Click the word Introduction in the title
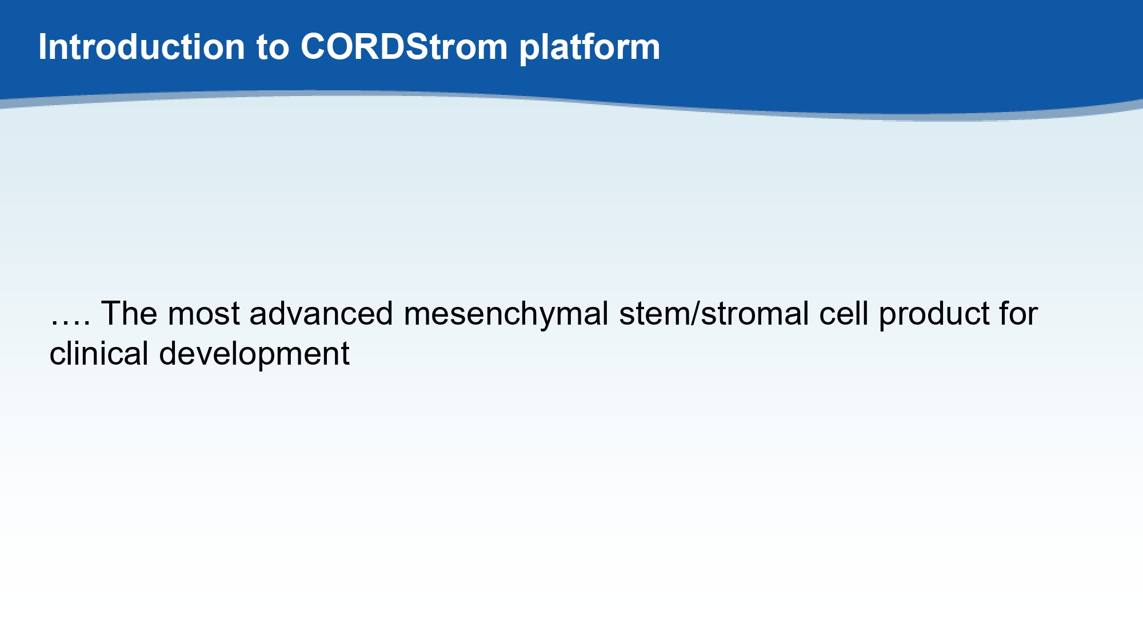point(142,46)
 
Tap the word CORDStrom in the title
point(404,46)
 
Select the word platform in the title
point(590,47)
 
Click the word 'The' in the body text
point(129,313)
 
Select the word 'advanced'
point(321,313)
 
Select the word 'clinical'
point(99,353)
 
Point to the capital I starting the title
point(42,47)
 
